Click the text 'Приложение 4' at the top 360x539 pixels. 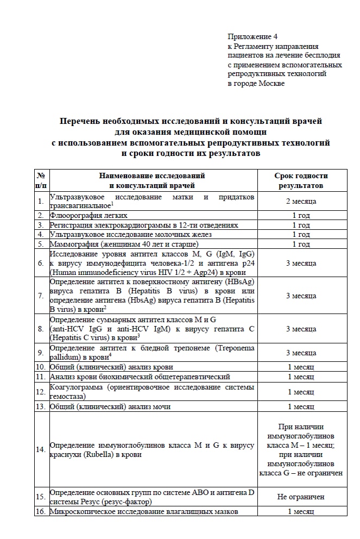(252, 37)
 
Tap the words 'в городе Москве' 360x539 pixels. (256, 83)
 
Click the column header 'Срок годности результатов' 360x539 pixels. (301, 180)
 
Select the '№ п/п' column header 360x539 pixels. (41, 180)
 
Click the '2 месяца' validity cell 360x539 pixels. (301, 201)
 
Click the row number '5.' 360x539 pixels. (41, 244)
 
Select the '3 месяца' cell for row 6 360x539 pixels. (301, 263)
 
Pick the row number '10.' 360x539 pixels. (41, 367)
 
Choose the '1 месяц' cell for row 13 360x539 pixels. (301, 406)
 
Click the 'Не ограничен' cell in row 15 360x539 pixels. (301, 497)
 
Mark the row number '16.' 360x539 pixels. (41, 511)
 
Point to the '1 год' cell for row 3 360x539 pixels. (301, 225)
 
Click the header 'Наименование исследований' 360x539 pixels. (152, 176)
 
